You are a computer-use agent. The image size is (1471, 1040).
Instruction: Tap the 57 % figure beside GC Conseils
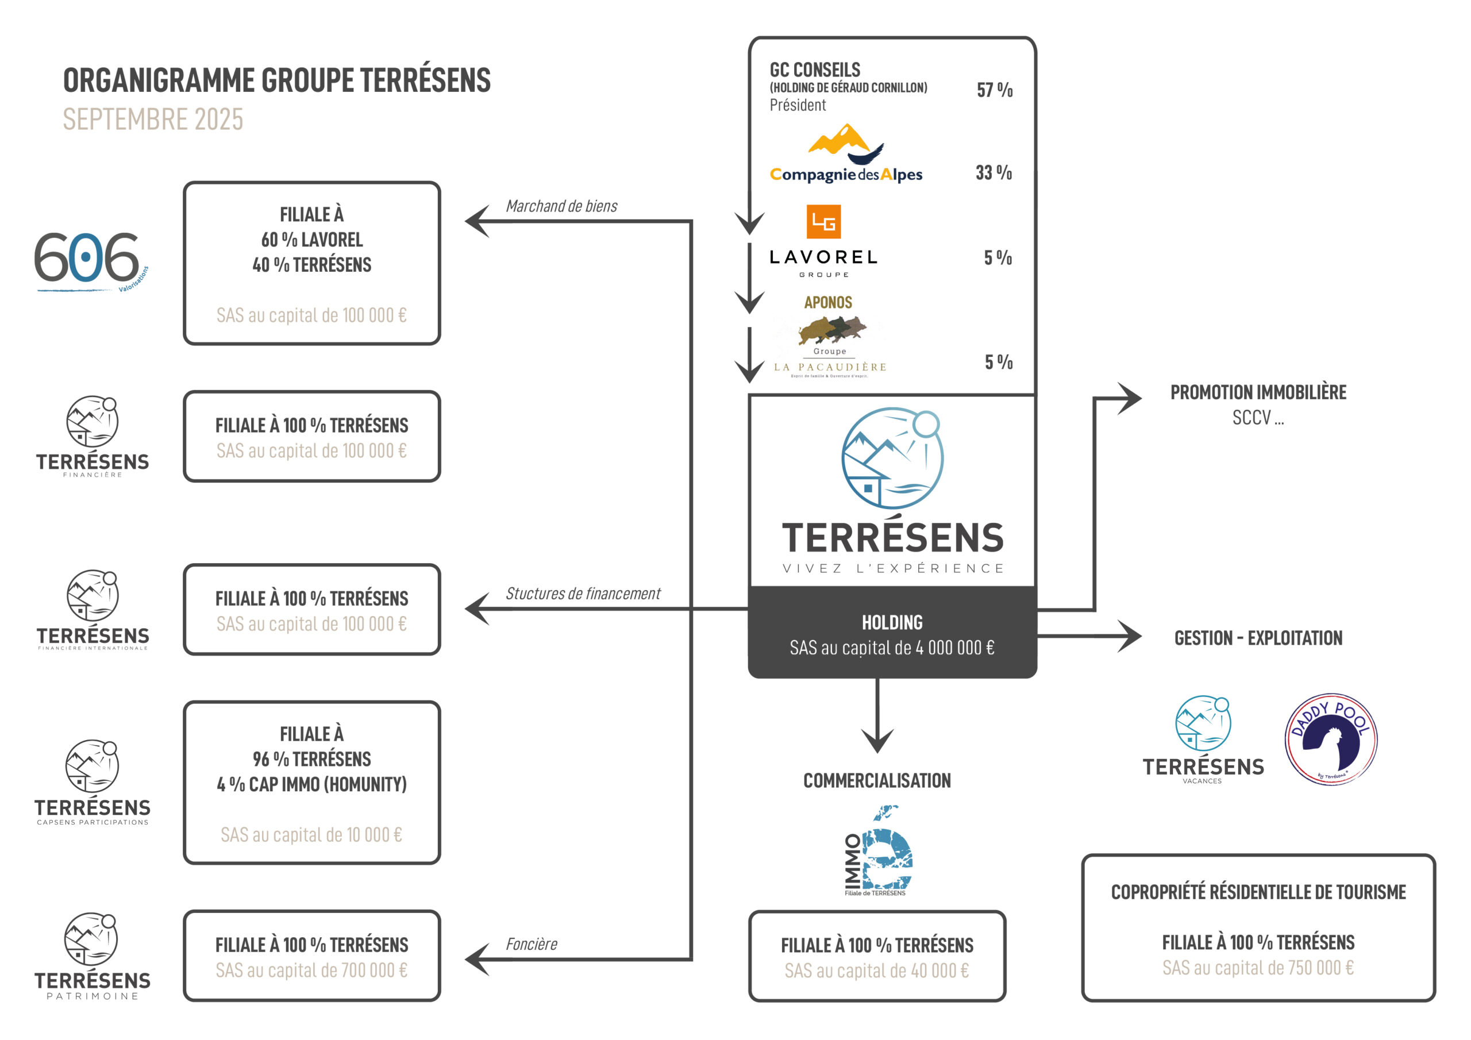point(994,90)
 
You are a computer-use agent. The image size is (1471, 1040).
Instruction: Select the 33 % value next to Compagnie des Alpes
point(993,172)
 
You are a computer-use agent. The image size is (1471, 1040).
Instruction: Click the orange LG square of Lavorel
point(823,222)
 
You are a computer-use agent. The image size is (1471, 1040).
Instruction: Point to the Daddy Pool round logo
point(1331,739)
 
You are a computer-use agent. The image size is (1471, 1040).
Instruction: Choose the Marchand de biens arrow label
point(561,206)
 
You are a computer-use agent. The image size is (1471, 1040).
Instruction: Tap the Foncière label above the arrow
point(531,944)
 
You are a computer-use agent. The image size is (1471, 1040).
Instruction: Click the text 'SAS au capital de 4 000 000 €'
point(892,648)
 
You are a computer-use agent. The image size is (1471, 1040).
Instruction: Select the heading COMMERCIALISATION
point(876,780)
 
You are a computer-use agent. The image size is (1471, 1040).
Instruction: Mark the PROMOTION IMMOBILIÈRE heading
point(1258,392)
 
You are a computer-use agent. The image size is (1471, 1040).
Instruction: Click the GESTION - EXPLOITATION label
point(1258,638)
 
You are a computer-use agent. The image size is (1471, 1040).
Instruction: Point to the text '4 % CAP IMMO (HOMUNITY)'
point(311,784)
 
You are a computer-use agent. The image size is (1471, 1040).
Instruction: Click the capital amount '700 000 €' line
point(311,970)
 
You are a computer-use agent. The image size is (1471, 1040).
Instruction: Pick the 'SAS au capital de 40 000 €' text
point(876,971)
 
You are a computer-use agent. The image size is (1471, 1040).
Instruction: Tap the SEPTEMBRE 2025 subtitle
point(153,119)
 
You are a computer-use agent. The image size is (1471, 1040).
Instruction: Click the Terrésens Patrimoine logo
point(93,956)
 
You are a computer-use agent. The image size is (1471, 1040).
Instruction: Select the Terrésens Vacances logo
point(1203,739)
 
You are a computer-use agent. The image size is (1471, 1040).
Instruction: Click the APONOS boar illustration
point(831,329)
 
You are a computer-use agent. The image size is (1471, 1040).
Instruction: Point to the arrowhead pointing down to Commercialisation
point(877,740)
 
